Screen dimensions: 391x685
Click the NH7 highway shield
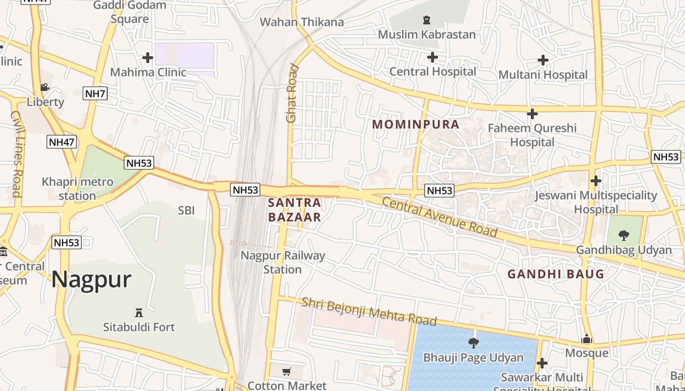pos(95,93)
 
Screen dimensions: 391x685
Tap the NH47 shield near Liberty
pos(62,142)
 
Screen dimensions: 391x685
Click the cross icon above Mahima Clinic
pos(147,58)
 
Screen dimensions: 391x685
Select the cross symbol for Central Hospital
pos(432,57)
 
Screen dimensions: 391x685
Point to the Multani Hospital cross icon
pos(543,60)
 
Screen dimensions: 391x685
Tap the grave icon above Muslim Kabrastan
pos(426,20)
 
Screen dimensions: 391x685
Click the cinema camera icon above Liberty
pos(45,87)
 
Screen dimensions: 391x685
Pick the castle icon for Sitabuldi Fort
pos(138,312)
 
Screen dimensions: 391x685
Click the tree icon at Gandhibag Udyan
pos(623,236)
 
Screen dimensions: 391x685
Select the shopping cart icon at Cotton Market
pos(287,371)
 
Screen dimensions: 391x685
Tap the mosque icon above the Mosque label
pos(586,339)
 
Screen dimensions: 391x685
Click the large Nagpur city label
pos(91,279)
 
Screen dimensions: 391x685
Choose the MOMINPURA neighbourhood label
pos(415,124)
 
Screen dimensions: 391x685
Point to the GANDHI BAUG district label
pos(556,274)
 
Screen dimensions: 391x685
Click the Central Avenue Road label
pos(439,217)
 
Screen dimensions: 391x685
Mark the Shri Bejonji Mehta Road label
pos(369,311)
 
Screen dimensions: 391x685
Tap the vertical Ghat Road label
pos(292,93)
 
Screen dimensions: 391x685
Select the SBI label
pos(186,211)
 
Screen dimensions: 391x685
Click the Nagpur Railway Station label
pos(283,262)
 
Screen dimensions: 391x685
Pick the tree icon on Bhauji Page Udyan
pos(473,343)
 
